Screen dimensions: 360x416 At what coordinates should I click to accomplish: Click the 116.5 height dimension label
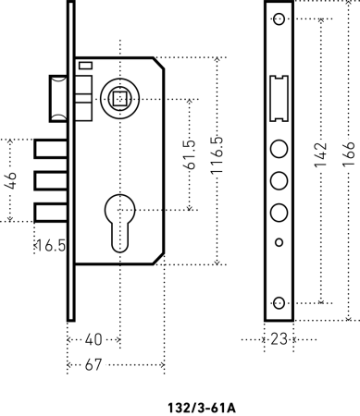click(217, 154)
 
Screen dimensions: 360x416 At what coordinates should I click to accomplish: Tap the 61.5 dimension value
click(190, 154)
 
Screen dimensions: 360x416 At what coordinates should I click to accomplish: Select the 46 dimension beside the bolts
click(11, 180)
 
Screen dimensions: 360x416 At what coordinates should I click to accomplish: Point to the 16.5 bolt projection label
click(51, 246)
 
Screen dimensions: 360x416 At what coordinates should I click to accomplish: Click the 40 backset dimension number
click(93, 339)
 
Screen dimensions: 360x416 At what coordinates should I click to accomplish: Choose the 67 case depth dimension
click(93, 365)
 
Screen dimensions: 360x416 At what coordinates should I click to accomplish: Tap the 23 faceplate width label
click(279, 339)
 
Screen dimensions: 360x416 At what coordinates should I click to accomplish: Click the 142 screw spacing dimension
click(320, 155)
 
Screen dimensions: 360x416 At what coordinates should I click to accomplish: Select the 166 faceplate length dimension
click(349, 154)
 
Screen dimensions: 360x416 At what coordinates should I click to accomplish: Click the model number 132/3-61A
click(202, 408)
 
